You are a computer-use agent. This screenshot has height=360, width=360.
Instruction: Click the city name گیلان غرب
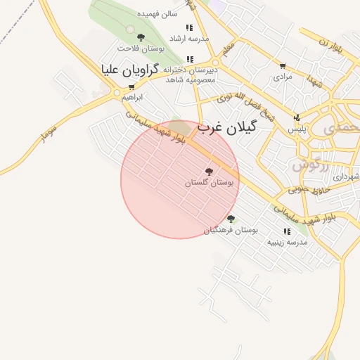click(x=227, y=127)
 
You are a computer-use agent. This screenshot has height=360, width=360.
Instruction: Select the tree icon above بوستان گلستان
click(x=209, y=171)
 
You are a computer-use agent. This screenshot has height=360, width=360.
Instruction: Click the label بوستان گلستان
click(x=209, y=182)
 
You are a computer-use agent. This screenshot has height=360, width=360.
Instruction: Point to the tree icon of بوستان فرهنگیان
click(x=231, y=219)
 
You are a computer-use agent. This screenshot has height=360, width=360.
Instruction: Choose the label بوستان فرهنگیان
click(x=231, y=230)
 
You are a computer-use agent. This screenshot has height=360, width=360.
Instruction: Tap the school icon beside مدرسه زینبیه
click(x=287, y=231)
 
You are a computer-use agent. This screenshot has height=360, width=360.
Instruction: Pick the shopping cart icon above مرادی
click(x=283, y=65)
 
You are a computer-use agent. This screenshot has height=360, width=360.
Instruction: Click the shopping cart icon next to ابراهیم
click(x=131, y=87)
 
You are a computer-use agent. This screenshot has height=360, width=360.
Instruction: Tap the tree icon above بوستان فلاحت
click(x=141, y=37)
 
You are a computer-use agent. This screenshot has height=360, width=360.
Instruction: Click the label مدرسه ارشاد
click(x=190, y=37)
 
